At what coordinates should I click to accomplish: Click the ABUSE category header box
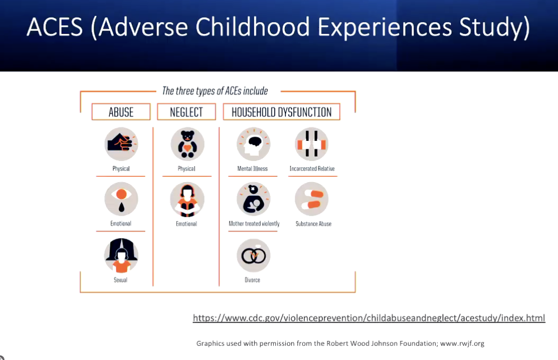(x=121, y=112)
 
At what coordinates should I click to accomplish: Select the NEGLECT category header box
(x=187, y=112)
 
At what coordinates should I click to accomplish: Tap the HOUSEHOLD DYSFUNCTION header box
(x=282, y=112)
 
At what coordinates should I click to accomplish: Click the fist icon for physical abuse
(x=121, y=144)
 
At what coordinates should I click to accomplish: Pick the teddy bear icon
(x=188, y=144)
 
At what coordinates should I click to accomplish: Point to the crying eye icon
(x=121, y=199)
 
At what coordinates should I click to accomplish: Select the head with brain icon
(x=253, y=144)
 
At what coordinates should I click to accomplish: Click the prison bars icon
(x=312, y=144)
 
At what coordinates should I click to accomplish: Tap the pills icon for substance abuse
(x=312, y=199)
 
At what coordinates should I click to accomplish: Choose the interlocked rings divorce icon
(x=253, y=255)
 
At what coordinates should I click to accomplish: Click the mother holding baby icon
(x=253, y=199)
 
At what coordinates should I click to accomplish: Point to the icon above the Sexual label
(x=121, y=255)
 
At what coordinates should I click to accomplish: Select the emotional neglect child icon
(x=187, y=200)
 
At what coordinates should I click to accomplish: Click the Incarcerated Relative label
(x=312, y=169)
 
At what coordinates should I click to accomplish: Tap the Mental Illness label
(x=252, y=169)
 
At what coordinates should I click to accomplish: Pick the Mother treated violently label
(x=254, y=224)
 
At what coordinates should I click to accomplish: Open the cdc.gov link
(x=369, y=318)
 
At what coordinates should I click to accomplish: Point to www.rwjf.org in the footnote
(x=462, y=344)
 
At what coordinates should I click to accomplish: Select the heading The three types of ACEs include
(x=215, y=91)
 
